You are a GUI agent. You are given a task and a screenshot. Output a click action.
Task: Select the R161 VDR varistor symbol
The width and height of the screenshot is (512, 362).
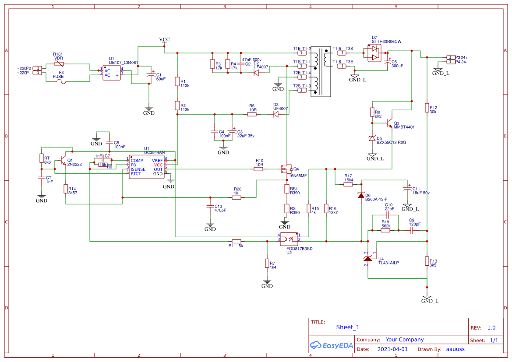click(x=58, y=64)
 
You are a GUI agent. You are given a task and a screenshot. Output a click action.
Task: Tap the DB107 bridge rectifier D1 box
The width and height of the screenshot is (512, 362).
click(x=111, y=73)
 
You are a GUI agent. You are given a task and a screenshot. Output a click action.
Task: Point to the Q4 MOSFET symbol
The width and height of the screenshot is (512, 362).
click(x=286, y=169)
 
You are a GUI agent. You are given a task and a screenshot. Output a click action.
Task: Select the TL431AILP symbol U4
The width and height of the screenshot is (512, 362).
click(x=368, y=259)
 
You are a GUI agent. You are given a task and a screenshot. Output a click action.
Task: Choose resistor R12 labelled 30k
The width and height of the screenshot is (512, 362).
click(x=427, y=108)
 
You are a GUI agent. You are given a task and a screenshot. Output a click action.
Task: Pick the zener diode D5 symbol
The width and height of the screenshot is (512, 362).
click(x=373, y=139)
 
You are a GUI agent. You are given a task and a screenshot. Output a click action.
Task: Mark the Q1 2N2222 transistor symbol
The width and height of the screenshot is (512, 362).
click(x=64, y=162)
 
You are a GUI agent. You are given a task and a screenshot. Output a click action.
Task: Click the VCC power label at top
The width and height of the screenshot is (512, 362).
click(x=164, y=39)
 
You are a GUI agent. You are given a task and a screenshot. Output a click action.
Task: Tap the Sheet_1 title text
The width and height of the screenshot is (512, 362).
click(x=348, y=327)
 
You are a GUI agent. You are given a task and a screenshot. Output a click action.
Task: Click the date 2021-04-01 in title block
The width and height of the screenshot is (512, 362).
click(x=392, y=349)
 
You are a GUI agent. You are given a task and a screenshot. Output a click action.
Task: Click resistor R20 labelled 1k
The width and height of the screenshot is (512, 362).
click(x=237, y=197)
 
